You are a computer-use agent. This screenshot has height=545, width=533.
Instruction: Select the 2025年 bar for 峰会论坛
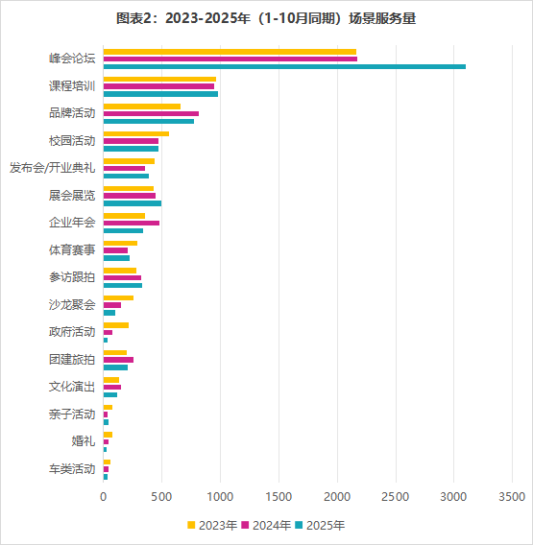click(x=284, y=66)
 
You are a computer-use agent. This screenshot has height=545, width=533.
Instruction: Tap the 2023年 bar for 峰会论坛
click(x=230, y=52)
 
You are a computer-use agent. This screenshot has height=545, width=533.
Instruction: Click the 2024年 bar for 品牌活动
click(x=151, y=113)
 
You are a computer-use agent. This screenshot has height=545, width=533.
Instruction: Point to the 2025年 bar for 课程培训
click(x=160, y=93)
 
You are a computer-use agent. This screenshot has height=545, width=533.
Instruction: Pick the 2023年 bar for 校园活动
click(x=135, y=133)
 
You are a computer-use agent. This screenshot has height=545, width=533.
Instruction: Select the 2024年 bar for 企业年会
click(x=131, y=223)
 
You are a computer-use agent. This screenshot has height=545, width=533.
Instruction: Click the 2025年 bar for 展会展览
click(x=132, y=203)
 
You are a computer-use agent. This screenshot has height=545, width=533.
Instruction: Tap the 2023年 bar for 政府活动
click(x=115, y=325)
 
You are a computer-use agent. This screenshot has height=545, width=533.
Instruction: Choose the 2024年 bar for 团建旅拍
click(x=118, y=360)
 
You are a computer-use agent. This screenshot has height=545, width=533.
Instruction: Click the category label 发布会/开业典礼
click(x=52, y=168)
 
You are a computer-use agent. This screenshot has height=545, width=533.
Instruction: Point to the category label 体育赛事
click(x=72, y=250)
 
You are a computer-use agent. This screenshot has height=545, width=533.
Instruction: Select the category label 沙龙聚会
click(x=72, y=305)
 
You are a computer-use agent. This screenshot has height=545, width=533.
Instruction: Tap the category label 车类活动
click(x=72, y=469)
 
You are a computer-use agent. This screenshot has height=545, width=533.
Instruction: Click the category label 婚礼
click(x=84, y=441)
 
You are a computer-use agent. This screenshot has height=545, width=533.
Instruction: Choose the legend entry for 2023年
click(x=212, y=525)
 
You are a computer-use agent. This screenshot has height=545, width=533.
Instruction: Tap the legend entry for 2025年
click(x=319, y=525)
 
